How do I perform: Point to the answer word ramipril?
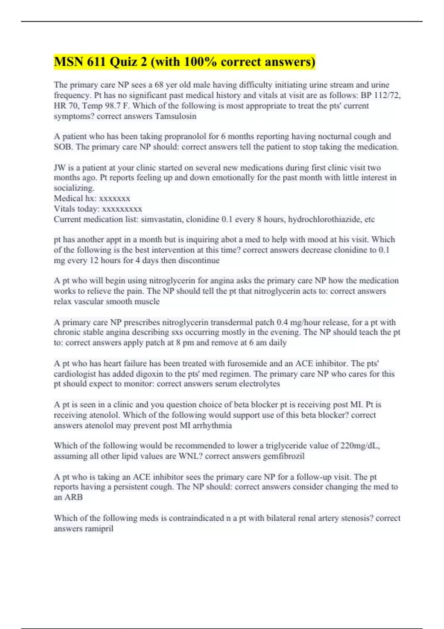point(99,529)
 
